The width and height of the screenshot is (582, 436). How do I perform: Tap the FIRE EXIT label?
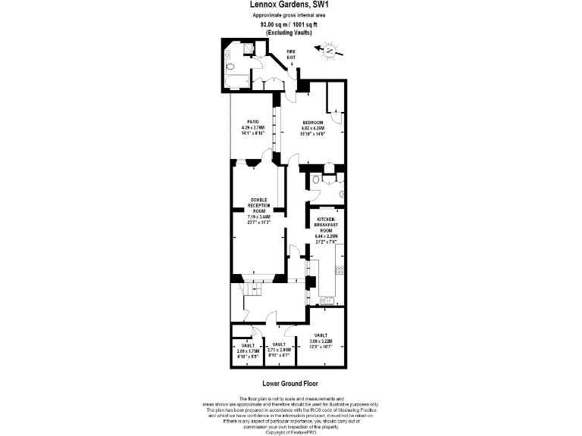pos(290,55)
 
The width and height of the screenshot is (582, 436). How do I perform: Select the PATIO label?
pos(254,123)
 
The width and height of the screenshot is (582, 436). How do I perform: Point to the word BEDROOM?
pos(313,123)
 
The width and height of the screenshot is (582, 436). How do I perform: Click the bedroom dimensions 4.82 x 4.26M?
pos(313,129)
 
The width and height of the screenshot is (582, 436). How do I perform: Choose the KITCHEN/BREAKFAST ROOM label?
pos(326,224)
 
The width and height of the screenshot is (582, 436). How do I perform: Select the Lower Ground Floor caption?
pos(290,384)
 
